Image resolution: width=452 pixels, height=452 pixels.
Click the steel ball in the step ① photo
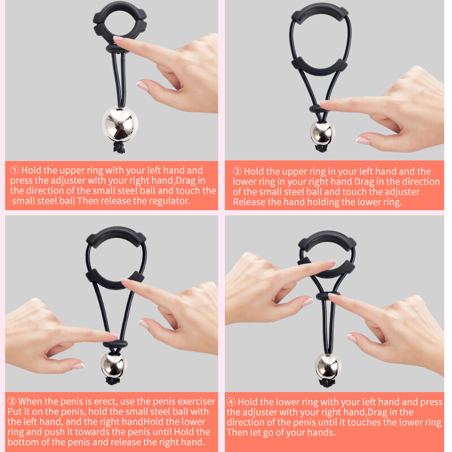(x=119, y=124)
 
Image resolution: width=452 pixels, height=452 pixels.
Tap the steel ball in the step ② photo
(x=322, y=131)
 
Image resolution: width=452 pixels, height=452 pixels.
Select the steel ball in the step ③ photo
(x=114, y=364)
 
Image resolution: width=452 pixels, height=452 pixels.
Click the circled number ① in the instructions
(x=15, y=170)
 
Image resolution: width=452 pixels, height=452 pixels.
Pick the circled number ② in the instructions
(x=237, y=172)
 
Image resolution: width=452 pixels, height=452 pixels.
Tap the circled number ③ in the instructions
(x=12, y=402)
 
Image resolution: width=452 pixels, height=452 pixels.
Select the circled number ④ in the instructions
(x=232, y=402)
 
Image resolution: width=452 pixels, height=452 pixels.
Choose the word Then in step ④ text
(x=237, y=433)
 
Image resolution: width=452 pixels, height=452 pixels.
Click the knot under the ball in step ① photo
(x=119, y=149)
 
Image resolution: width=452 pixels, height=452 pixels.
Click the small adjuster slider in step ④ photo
(x=324, y=295)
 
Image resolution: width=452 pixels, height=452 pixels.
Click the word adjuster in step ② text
(x=401, y=192)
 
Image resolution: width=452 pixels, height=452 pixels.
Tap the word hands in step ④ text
(x=319, y=433)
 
